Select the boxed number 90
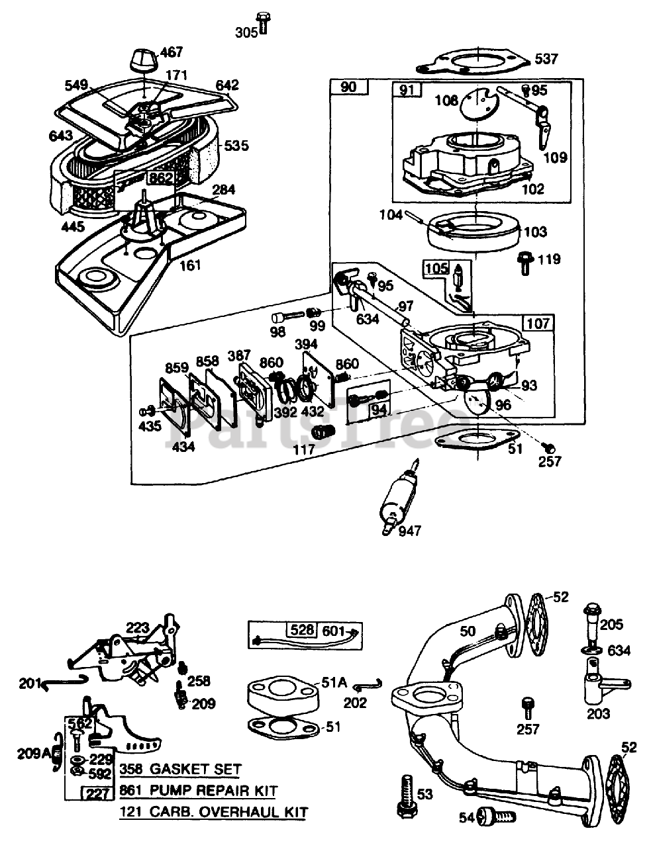[x=348, y=87]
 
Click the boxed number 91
[x=405, y=91]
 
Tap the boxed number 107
[x=539, y=324]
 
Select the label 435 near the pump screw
[x=150, y=426]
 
